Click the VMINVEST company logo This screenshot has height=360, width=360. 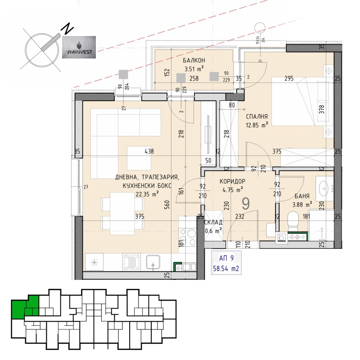pos(78,48)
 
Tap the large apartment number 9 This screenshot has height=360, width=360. pos(246,204)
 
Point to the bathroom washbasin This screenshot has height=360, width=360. pos(324,186)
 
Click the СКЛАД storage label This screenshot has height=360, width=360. pos(213,223)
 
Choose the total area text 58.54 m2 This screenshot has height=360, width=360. pos(226,270)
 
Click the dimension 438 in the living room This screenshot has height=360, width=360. pos(148,152)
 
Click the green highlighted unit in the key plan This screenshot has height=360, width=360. pos(25,307)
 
